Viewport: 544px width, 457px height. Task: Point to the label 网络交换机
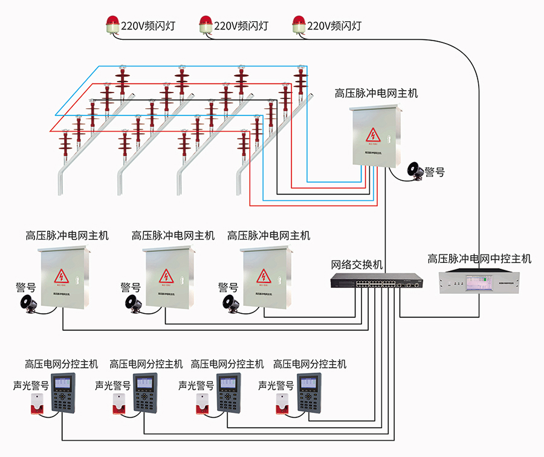click(357, 265)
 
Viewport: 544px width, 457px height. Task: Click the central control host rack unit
click(479, 282)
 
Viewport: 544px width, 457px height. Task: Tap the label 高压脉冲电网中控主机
click(479, 259)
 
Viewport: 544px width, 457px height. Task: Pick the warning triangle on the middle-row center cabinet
click(166, 277)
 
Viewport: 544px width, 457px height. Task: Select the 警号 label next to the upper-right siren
click(435, 172)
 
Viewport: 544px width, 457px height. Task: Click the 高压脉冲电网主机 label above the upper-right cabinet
click(376, 94)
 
